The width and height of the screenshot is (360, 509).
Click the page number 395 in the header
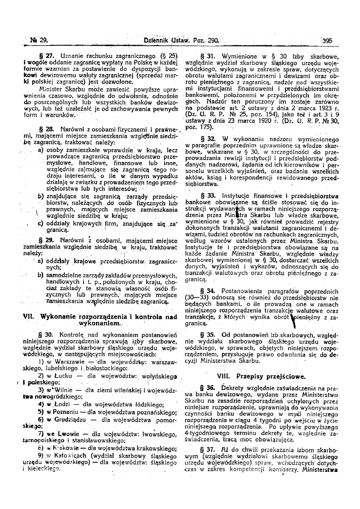tap(327, 40)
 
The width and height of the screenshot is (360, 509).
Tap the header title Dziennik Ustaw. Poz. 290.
tap(181, 40)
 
